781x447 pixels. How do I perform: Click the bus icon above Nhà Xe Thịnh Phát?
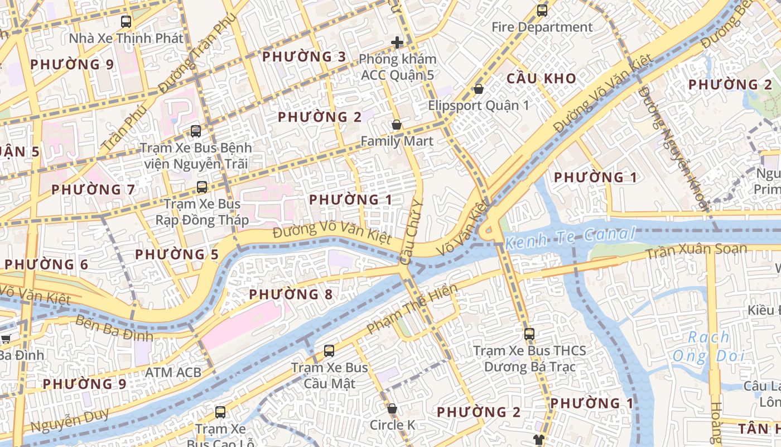point(126,22)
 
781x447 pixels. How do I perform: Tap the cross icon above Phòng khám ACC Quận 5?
point(397,42)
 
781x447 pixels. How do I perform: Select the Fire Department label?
point(542,27)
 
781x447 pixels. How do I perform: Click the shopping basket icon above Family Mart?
point(397,125)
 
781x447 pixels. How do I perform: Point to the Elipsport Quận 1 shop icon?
point(478,89)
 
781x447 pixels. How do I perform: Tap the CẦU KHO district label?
point(541,78)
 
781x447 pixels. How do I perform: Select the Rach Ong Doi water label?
point(708,346)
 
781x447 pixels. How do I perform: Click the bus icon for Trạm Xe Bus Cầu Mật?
point(329,351)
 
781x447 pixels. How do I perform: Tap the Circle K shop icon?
point(392,409)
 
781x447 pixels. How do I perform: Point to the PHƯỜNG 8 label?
point(291,294)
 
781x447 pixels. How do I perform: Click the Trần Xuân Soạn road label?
point(696,251)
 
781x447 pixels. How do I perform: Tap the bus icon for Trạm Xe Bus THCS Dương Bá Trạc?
point(529,334)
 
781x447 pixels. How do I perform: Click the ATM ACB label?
point(173,372)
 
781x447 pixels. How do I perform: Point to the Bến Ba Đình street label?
point(114,329)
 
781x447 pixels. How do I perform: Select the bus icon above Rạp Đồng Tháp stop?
point(202,187)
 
